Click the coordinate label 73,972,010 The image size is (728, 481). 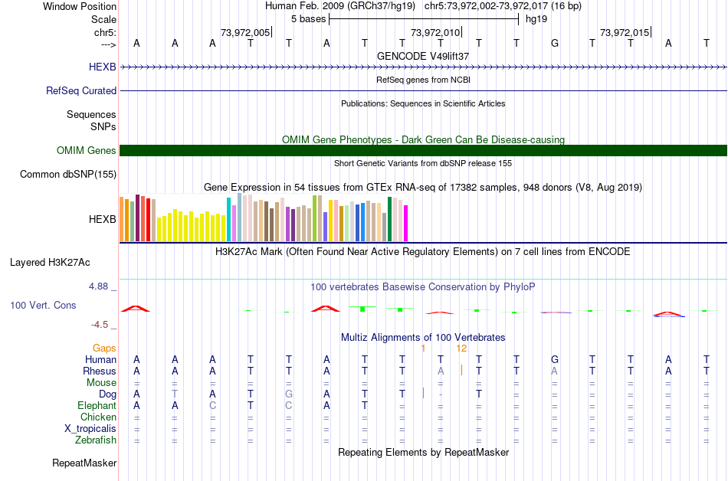[x=435, y=32]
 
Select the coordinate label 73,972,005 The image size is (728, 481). [x=244, y=32]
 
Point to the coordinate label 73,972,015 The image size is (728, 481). [x=625, y=32]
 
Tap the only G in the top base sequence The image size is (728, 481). [x=555, y=43]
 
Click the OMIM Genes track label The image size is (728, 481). [x=86, y=151]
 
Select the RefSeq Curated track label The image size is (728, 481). [x=81, y=90]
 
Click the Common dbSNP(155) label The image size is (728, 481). [x=67, y=175]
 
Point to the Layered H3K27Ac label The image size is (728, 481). [x=50, y=262]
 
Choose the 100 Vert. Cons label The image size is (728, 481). [x=43, y=305]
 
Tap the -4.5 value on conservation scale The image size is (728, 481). [x=100, y=324]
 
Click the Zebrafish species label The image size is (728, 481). [x=96, y=440]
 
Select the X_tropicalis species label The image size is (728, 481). [x=90, y=429]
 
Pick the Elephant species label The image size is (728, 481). [x=97, y=406]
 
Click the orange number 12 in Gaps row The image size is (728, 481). [x=461, y=348]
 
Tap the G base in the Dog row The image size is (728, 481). [x=289, y=394]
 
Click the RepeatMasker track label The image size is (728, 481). [x=84, y=463]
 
